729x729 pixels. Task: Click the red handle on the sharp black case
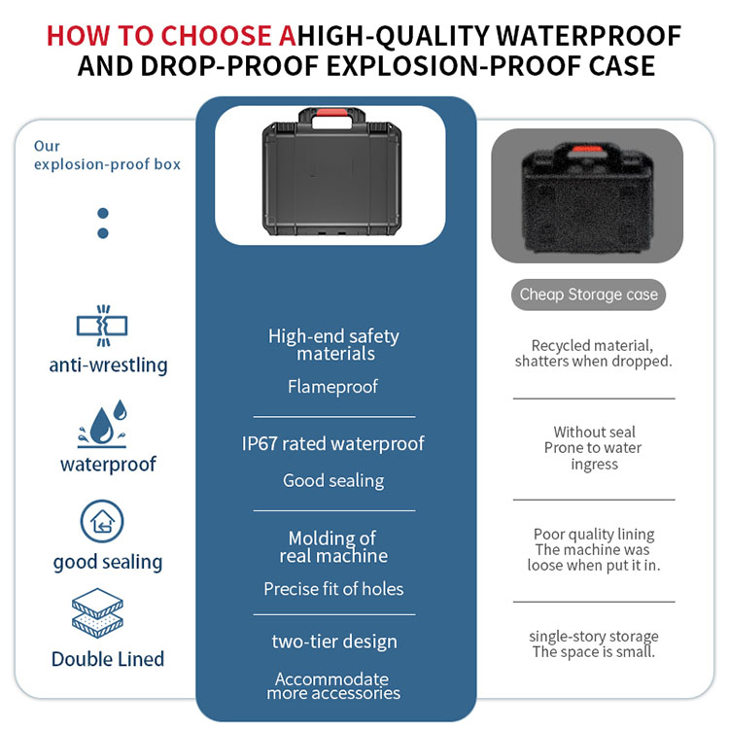coord(332,113)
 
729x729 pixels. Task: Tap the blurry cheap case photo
coord(587,195)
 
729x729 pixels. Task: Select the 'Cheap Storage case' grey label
coord(588,295)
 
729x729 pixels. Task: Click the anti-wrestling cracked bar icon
coord(102,326)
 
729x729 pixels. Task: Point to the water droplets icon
coord(102,424)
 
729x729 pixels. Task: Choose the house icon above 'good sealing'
coord(102,521)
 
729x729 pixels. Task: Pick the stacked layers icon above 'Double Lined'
coord(97,613)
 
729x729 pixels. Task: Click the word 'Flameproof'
coord(332,386)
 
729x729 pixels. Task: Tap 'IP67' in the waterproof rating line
coord(260,443)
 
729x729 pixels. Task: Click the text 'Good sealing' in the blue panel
coord(333,480)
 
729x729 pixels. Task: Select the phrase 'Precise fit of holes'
coord(333,589)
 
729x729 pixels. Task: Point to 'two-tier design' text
coord(334,642)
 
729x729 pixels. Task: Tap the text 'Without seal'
coord(594,432)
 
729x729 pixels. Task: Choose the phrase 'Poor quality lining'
coord(594,535)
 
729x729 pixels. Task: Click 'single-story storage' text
coord(594,636)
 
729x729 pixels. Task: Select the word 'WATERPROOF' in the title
coord(589,36)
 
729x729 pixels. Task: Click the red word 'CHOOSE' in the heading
coord(216,36)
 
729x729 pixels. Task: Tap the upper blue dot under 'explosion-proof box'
coord(103,214)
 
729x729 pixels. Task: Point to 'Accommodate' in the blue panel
coord(331,678)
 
